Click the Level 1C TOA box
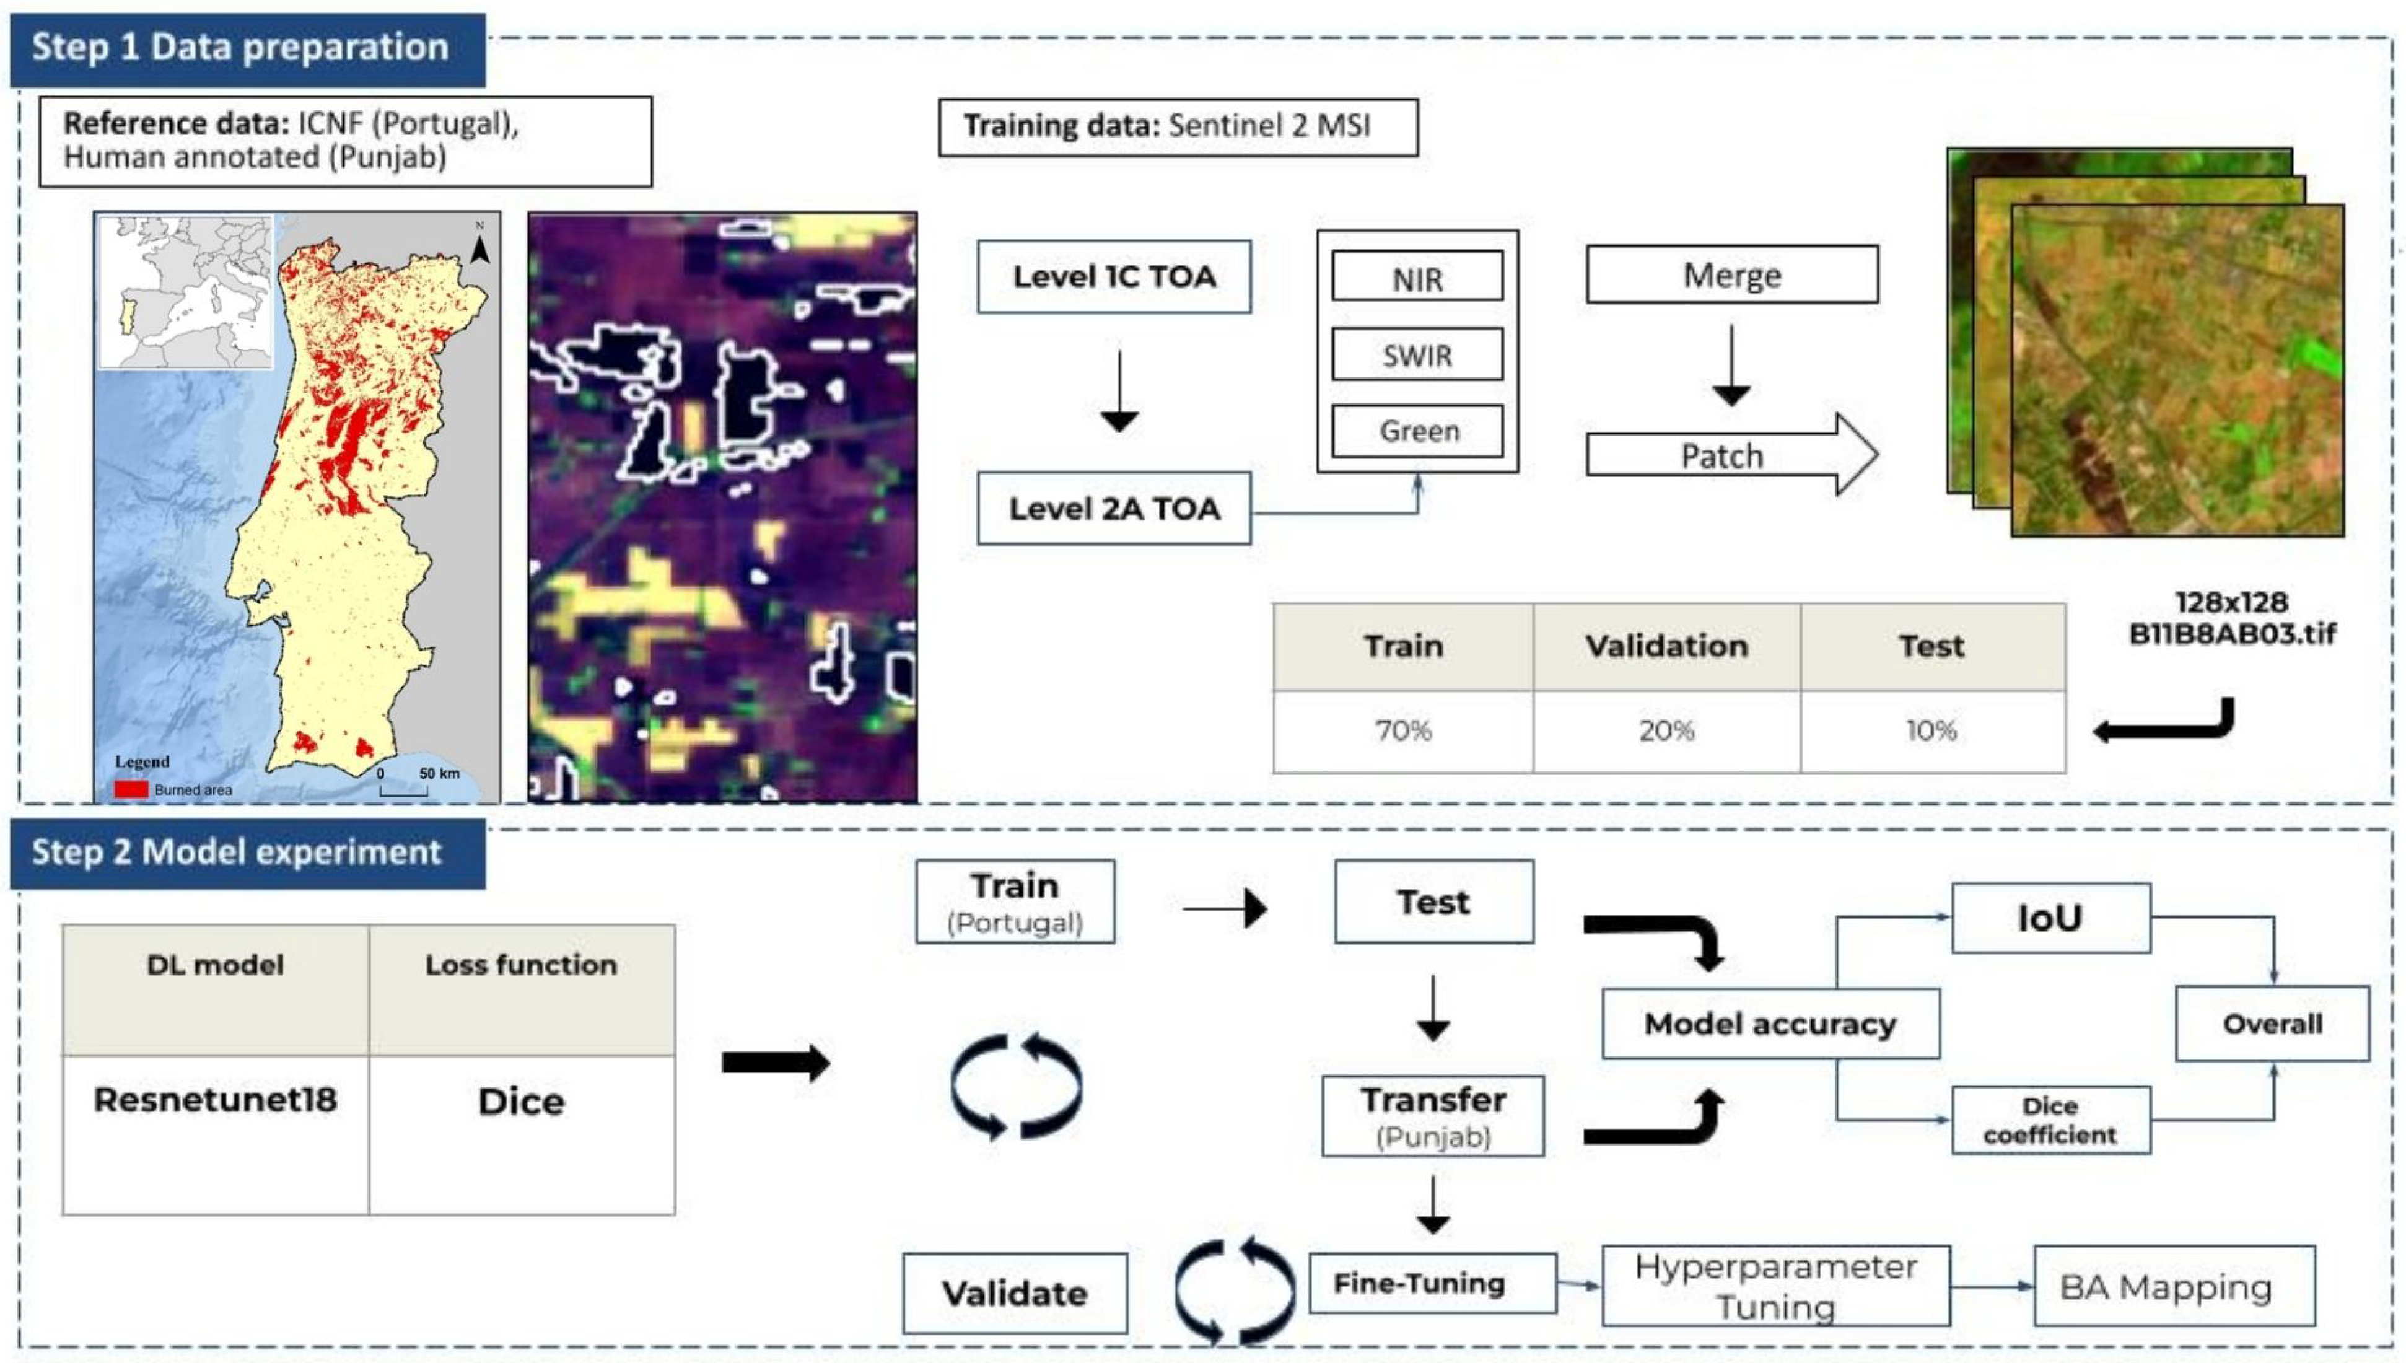coord(1114,277)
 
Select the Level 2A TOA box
coord(1114,508)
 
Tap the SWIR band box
coord(1417,355)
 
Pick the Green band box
coord(1417,431)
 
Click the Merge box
coord(1731,275)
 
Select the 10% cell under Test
coord(1931,731)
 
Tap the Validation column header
coord(1666,647)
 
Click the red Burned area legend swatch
coord(131,789)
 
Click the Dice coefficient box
coord(2049,1120)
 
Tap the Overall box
coord(2272,1023)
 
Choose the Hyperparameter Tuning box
coord(1775,1286)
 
